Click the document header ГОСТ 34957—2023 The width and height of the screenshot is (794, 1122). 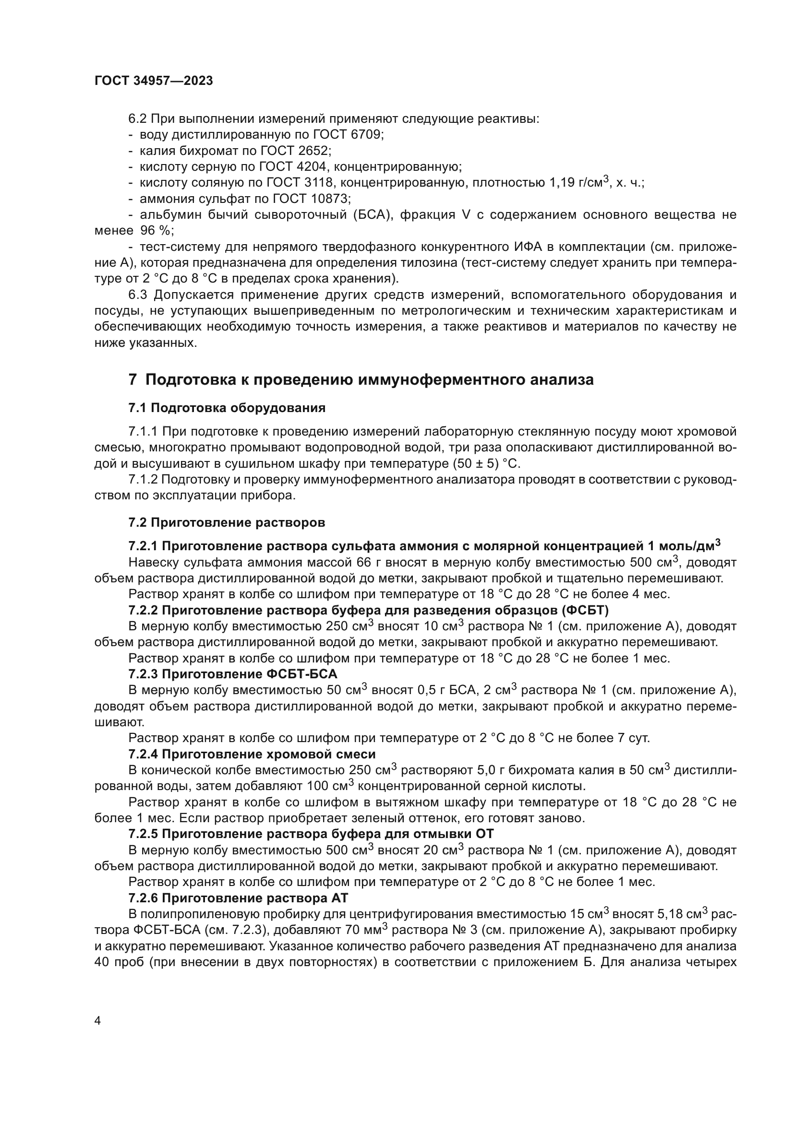coord(154,81)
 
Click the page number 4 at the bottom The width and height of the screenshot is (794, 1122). coord(98,1020)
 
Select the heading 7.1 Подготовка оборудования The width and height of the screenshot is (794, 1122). coord(227,408)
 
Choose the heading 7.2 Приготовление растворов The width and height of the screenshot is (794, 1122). coord(227,522)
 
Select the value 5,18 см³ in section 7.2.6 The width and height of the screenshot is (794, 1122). coord(684,914)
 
